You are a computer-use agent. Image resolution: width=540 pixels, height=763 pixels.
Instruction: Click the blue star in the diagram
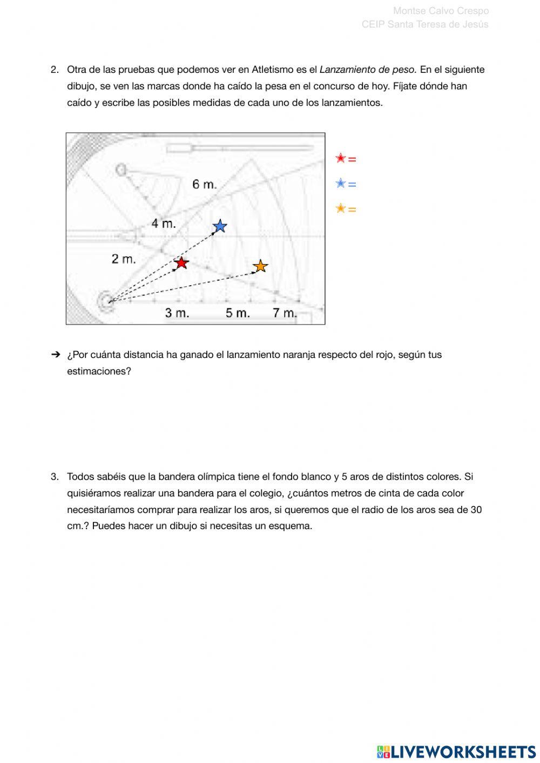tap(220, 226)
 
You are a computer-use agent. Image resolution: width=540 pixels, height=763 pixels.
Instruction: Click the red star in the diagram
tap(181, 263)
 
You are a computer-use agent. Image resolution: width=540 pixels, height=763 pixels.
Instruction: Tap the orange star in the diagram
tap(260, 266)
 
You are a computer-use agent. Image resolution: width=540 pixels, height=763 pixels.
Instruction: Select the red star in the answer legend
tap(340, 158)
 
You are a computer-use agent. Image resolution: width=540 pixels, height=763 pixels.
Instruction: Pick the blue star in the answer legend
tap(340, 184)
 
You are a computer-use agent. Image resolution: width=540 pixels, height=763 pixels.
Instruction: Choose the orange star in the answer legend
tap(340, 208)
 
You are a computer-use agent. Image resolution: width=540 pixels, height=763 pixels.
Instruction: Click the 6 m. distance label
tap(205, 184)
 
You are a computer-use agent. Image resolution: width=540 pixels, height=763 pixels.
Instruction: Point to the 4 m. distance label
tap(164, 223)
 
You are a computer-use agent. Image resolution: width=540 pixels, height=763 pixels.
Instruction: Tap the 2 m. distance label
tap(124, 259)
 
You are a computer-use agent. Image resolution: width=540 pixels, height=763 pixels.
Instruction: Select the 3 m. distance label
tap(177, 313)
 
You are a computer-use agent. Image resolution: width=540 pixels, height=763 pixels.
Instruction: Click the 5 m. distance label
tap(238, 313)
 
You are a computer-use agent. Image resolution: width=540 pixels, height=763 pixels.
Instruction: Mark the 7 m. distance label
tap(285, 313)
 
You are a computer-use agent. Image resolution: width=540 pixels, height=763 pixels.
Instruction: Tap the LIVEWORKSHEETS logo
tap(456, 751)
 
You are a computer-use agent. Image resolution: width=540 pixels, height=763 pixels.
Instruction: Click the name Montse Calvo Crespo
tap(441, 11)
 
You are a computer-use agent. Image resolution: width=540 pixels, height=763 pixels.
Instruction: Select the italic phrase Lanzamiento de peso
tap(368, 70)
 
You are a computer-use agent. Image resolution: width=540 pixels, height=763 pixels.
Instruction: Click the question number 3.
tap(55, 477)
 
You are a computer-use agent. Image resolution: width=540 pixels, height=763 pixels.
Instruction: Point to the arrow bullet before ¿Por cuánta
tap(55, 355)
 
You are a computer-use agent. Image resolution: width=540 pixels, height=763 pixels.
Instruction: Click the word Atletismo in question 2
tap(273, 70)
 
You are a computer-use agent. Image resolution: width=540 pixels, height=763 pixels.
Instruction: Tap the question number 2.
tap(55, 70)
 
